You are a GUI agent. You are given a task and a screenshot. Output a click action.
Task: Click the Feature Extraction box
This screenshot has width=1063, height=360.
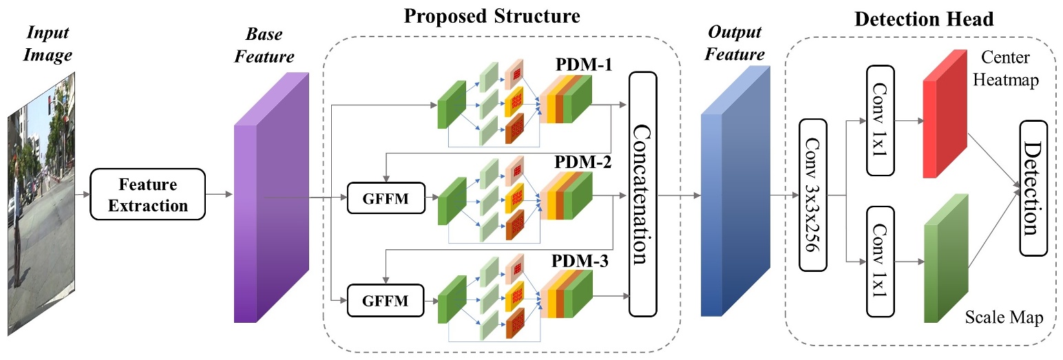148,195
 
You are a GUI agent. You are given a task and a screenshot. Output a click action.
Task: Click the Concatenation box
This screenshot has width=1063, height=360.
642,194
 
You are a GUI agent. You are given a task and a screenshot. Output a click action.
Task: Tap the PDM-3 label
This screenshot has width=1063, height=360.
585,262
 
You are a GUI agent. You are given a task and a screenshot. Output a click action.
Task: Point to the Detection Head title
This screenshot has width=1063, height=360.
923,19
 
